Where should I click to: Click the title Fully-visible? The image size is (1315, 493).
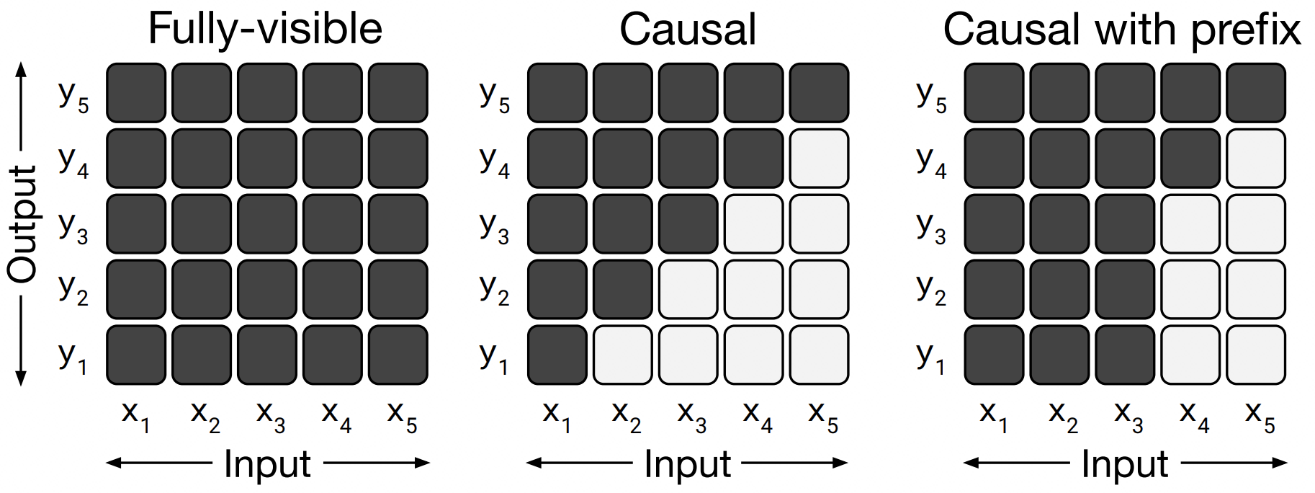(265, 30)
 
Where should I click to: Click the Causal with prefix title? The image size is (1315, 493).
(1122, 30)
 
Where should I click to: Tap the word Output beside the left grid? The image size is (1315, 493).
(22, 224)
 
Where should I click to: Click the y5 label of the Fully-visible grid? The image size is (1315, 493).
(73, 96)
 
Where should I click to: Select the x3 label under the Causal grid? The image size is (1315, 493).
(691, 417)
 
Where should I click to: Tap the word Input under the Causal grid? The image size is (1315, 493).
(687, 463)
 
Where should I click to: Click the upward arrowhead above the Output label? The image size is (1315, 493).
(21, 70)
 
